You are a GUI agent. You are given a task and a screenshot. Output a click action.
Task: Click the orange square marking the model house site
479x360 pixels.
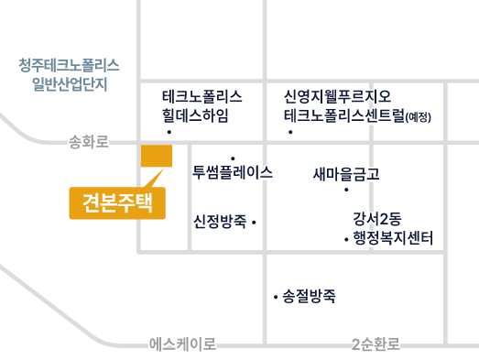click(157, 156)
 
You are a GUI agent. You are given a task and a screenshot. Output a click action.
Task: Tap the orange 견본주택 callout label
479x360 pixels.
click(117, 203)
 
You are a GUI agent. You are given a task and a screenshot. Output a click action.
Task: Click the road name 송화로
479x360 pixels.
click(88, 142)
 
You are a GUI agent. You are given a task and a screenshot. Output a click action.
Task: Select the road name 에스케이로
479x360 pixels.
click(182, 344)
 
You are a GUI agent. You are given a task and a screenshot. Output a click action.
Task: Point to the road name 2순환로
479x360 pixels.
click(376, 344)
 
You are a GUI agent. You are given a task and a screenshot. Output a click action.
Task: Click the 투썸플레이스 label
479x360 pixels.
click(233, 172)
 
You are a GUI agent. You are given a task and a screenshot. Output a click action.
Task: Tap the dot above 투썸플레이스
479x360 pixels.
click(233, 158)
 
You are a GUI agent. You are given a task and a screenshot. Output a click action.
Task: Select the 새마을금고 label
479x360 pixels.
click(346, 174)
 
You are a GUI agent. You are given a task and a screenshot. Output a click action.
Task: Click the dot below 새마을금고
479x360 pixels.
click(346, 190)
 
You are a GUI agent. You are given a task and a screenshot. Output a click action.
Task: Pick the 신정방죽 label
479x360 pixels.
click(220, 222)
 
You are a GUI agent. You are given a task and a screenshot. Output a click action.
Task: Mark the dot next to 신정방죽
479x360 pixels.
click(254, 223)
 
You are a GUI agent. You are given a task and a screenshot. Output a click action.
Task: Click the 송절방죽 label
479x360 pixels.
click(309, 296)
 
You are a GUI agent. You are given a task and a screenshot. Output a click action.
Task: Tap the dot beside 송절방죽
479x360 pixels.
click(276, 297)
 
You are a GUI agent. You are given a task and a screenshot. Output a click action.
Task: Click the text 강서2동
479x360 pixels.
click(377, 219)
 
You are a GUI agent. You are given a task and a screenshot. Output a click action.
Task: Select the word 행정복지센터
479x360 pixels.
click(393, 238)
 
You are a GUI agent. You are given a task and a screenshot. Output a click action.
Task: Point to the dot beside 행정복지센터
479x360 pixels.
click(346, 240)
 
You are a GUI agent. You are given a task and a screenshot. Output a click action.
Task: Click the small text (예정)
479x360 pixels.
click(419, 116)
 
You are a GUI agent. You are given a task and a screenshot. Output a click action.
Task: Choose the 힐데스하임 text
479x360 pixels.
click(195, 115)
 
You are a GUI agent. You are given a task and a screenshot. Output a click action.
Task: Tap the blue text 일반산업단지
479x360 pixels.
click(70, 84)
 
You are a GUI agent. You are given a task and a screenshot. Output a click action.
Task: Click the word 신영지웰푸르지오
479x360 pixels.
click(338, 96)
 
